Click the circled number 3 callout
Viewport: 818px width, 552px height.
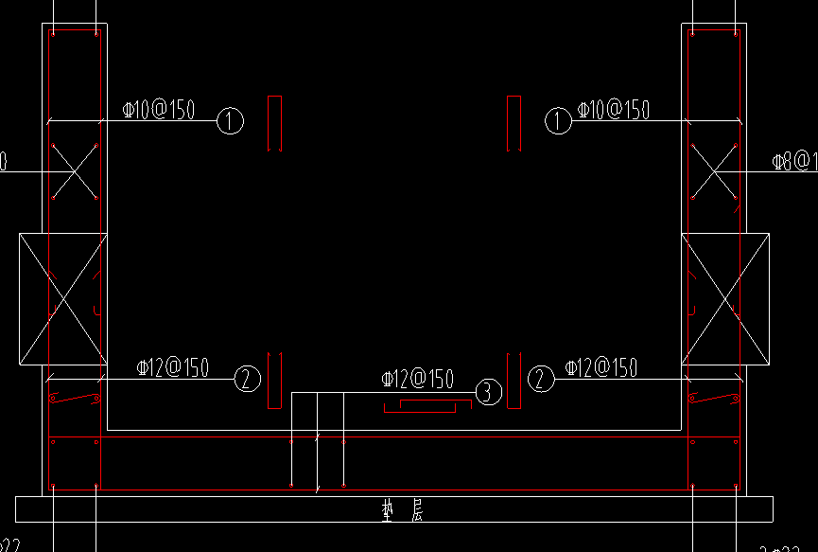click(487, 392)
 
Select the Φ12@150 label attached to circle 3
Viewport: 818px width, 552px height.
click(417, 380)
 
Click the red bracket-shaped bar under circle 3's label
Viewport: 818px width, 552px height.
click(426, 405)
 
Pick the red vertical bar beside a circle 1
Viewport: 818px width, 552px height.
click(513, 122)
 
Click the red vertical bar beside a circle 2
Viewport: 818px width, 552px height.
click(513, 380)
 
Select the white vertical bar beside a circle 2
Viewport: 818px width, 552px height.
click(274, 379)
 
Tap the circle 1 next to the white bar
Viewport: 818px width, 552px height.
click(231, 121)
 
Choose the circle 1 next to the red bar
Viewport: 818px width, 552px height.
click(559, 121)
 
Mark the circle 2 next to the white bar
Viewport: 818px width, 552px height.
click(246, 380)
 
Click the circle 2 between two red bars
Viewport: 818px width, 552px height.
click(540, 380)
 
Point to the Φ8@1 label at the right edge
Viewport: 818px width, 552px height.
click(793, 162)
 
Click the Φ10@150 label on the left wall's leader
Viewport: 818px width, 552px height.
click(159, 110)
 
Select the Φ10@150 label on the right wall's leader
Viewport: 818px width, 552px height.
click(614, 110)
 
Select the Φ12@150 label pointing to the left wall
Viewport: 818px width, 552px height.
click(173, 367)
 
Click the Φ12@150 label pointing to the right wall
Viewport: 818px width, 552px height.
click(600, 367)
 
